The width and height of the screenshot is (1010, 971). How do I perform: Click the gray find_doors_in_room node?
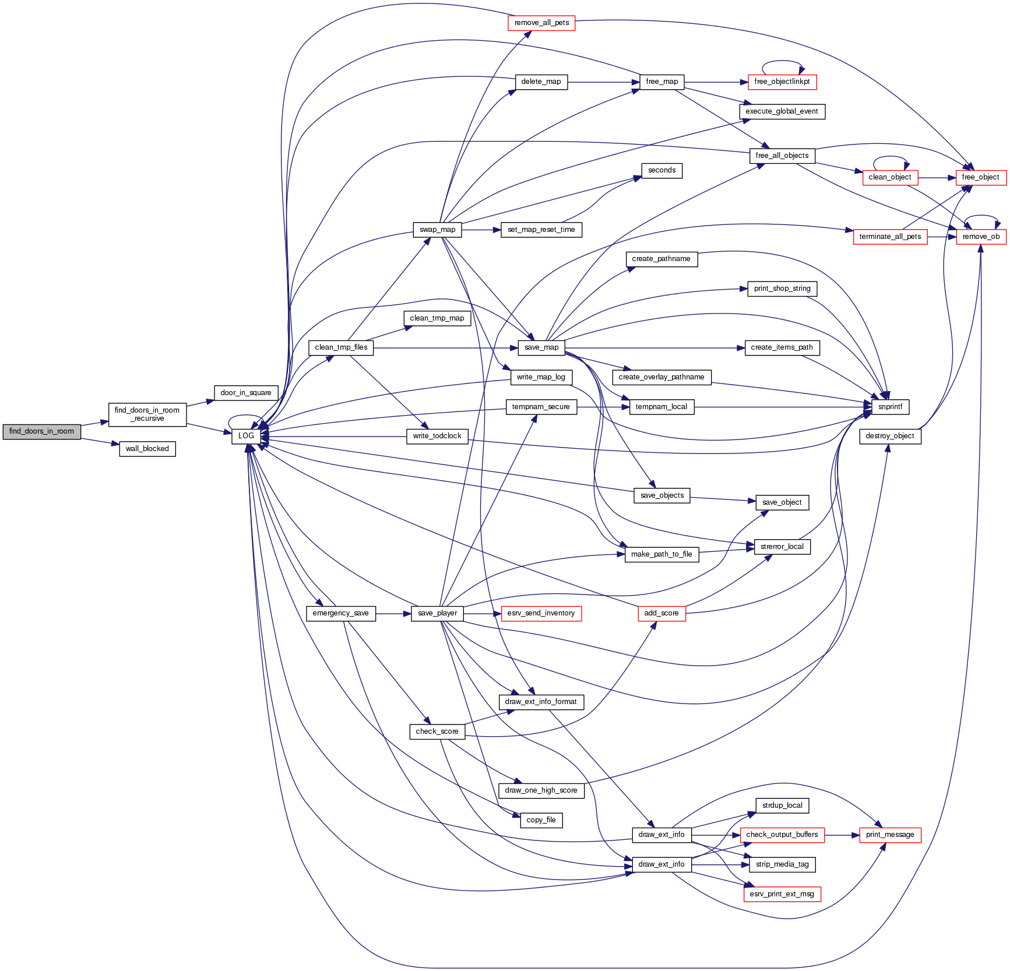tap(41, 431)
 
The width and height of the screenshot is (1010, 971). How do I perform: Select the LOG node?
tap(246, 436)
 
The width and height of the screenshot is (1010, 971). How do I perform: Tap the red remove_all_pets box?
tap(541, 23)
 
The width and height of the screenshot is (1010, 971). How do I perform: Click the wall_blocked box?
tap(147, 449)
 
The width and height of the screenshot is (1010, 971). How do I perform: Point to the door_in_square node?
tap(245, 393)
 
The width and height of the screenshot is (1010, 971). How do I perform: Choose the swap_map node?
tap(437, 230)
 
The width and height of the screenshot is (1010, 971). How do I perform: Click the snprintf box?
tap(890, 407)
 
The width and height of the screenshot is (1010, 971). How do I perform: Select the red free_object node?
tap(980, 177)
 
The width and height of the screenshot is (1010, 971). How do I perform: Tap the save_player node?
tap(437, 613)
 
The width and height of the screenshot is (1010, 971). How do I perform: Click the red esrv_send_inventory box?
tap(541, 613)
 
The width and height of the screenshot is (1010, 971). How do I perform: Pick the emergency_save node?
tap(340, 613)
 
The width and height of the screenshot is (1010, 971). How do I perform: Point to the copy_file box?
tap(541, 820)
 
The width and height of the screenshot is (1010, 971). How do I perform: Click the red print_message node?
tap(890, 835)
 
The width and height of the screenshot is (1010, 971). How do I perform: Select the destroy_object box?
tap(890, 436)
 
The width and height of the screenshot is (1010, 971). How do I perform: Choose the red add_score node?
tap(661, 613)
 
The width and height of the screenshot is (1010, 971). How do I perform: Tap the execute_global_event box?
tap(782, 111)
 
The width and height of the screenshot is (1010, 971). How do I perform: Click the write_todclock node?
tap(437, 436)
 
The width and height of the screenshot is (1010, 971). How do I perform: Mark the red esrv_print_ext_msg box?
tap(782, 894)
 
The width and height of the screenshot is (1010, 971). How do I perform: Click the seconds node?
tap(661, 170)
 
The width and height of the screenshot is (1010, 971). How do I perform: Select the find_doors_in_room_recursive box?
tap(147, 414)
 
